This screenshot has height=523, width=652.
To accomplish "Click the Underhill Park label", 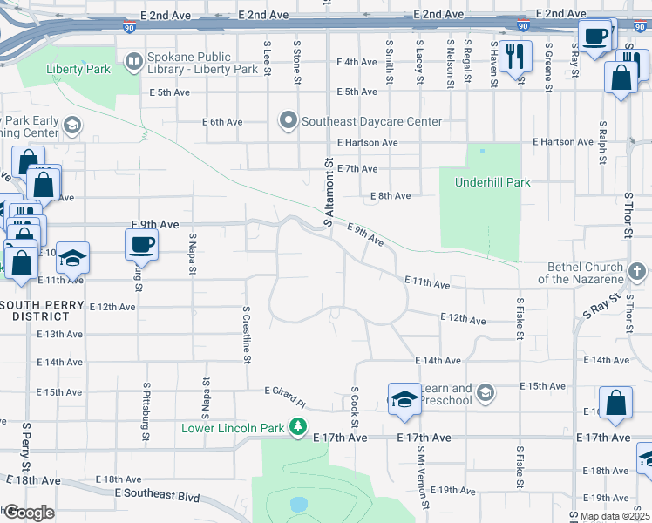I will [x=492, y=182].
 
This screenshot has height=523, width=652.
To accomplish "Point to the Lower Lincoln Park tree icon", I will [x=299, y=427].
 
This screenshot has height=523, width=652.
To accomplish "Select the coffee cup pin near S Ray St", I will [x=595, y=37].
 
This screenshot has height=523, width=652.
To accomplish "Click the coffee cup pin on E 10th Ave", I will [x=141, y=245].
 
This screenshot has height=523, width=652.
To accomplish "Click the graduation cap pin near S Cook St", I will [x=404, y=399].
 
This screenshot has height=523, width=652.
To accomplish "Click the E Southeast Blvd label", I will [x=157, y=496].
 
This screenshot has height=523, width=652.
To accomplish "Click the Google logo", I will [x=28, y=513].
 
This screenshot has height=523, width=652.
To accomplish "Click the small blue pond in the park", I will [x=299, y=504].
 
